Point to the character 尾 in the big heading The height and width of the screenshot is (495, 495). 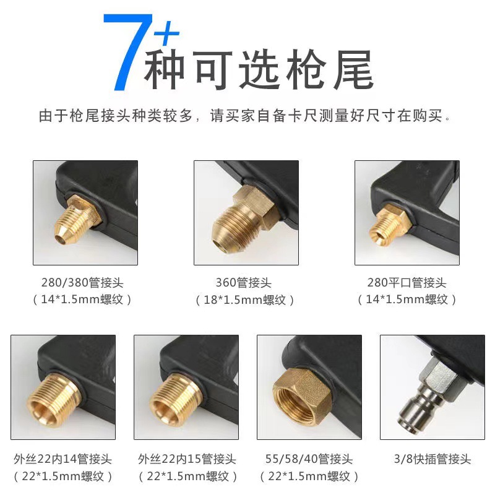[351, 69]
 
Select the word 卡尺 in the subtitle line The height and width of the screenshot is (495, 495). [307, 116]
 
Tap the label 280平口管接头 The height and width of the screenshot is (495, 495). [407, 283]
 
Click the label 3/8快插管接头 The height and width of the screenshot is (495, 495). [431, 459]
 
